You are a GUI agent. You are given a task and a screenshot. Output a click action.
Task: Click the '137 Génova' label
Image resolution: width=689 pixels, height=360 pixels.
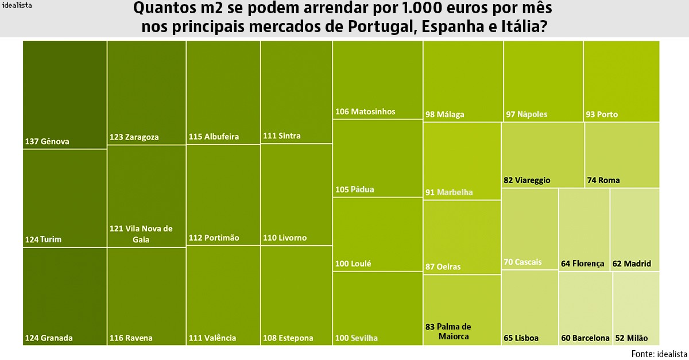click(47, 141)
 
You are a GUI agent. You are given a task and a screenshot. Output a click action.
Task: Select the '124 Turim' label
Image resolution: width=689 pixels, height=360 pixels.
click(43, 239)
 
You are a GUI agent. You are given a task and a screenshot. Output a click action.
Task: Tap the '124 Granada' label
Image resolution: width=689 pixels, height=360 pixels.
click(49, 338)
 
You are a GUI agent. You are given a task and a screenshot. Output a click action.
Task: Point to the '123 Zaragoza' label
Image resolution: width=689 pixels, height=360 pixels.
click(134, 137)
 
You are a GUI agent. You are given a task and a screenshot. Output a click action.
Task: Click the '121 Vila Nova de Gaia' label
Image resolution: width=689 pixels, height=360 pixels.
click(141, 234)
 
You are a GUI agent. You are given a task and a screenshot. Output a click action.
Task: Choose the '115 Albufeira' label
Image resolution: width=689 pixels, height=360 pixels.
click(214, 137)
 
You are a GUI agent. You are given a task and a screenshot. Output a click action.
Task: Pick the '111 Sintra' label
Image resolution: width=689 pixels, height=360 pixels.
click(281, 136)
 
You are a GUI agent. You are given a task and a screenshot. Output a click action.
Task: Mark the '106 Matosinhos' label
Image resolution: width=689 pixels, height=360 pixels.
click(365, 111)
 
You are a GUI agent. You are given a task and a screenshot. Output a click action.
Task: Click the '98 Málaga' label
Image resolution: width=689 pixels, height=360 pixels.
click(445, 114)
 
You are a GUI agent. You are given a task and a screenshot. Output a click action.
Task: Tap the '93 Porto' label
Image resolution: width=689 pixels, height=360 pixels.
click(602, 114)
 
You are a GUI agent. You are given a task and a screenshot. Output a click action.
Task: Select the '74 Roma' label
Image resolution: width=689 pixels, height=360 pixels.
click(603, 180)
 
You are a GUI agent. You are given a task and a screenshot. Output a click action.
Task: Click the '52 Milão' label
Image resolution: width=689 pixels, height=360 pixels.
click(631, 338)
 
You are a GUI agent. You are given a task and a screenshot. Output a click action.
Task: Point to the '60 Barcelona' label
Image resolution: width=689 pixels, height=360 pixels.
click(585, 338)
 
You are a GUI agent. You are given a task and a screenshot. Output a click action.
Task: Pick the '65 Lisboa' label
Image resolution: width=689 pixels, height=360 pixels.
click(521, 338)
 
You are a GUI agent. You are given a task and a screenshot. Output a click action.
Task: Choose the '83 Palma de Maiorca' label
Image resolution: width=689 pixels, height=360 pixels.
click(448, 331)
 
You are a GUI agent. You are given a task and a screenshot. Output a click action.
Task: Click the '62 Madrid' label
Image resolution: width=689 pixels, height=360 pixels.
click(632, 264)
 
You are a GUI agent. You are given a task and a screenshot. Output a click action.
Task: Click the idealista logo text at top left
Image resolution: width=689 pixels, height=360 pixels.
click(17, 6)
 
